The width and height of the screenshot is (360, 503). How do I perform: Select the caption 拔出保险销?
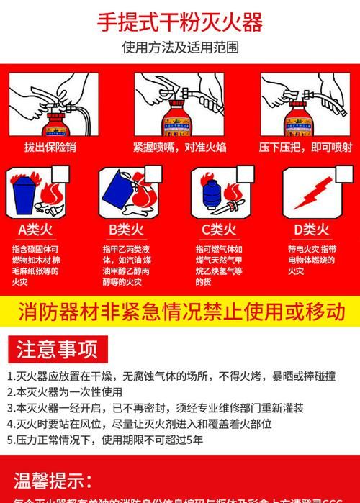click(x=50, y=147)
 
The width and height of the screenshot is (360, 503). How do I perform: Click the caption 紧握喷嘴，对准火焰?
click(x=179, y=147)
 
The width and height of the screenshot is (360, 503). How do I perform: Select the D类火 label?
click(x=311, y=230)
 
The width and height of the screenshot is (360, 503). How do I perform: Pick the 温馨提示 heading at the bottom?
click(x=53, y=480)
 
